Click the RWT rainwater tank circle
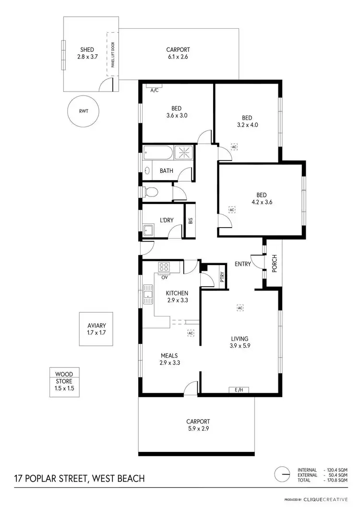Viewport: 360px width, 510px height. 83,111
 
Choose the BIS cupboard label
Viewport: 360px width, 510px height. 191,221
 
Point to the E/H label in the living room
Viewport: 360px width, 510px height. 239,389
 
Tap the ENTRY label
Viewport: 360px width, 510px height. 242,264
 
